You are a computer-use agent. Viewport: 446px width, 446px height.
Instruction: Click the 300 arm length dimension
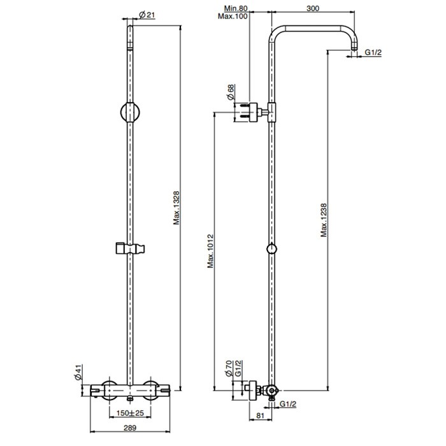coord(312,8)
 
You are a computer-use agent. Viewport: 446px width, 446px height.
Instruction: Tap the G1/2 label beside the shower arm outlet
coord(373,52)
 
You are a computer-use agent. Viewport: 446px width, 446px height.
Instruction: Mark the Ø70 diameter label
coord(230,368)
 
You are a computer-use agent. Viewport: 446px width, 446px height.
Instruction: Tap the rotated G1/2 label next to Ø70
coord(238,368)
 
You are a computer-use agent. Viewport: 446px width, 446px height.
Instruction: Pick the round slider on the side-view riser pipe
coord(272,249)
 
